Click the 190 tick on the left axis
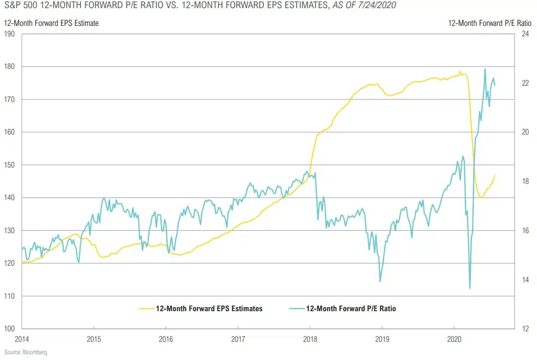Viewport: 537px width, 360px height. point(10,34)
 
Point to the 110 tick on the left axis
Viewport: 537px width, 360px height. point(10,296)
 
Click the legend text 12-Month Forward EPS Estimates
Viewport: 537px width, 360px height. point(209,309)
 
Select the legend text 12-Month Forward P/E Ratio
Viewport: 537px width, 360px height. point(351,309)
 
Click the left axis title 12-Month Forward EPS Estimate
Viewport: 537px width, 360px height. point(51,23)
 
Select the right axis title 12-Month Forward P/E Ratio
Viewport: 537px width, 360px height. point(487,23)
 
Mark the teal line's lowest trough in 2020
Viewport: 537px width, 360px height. point(469,288)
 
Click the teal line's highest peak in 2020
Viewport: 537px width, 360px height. point(485,69)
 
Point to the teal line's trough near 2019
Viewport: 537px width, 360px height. point(380,281)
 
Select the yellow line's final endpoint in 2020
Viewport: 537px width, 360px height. point(495,175)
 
